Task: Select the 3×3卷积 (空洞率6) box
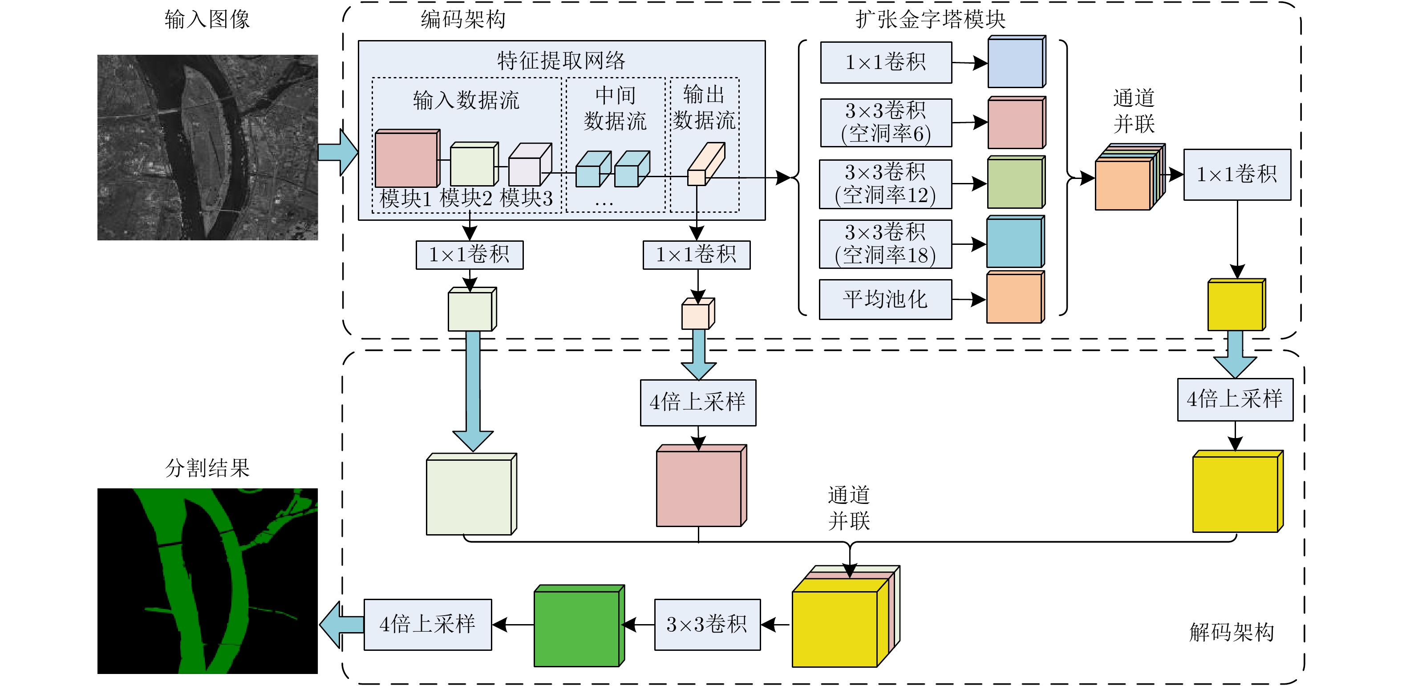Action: pos(886,122)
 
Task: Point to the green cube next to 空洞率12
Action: pos(1015,183)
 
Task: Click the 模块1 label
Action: pos(405,199)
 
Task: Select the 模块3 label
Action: pos(526,199)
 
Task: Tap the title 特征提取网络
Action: pos(561,61)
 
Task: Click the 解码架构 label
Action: pos(1231,633)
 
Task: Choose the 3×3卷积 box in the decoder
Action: pos(707,625)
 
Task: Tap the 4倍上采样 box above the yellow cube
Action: pos(1234,400)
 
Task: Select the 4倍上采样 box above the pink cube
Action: pos(698,402)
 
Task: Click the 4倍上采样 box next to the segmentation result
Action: pos(427,625)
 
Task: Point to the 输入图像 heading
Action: pos(207,20)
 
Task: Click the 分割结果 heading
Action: pos(207,468)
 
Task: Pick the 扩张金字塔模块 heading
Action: pos(930,20)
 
